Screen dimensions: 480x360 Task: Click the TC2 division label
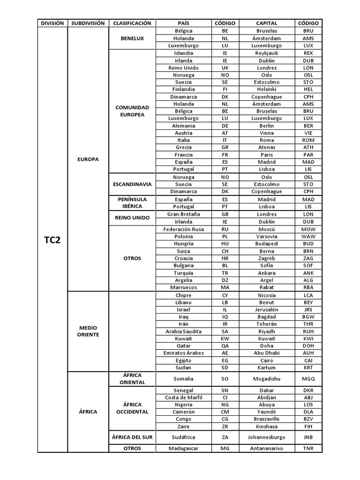point(52,240)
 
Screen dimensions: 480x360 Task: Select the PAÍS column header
point(183,23)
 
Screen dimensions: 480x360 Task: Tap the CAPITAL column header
point(266,23)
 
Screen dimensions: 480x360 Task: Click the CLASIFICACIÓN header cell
point(132,23)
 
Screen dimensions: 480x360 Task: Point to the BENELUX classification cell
point(132,38)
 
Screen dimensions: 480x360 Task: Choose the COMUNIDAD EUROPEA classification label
point(132,111)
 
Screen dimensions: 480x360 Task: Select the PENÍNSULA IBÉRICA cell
point(132,203)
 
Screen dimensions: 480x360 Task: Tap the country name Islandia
point(183,53)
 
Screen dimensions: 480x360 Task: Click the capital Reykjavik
point(266,53)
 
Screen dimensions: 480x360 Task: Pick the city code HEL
point(308,89)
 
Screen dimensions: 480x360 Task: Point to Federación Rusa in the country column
point(183,229)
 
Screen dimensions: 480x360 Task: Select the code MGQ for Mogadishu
point(308,379)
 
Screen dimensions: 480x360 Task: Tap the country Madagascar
point(183,449)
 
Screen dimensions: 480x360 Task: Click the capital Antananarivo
point(266,449)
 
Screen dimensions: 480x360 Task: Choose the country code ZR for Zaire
point(225,427)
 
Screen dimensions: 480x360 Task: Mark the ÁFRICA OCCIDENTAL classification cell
point(132,408)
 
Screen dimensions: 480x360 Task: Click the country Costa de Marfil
point(183,397)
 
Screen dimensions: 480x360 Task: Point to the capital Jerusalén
point(266,310)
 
